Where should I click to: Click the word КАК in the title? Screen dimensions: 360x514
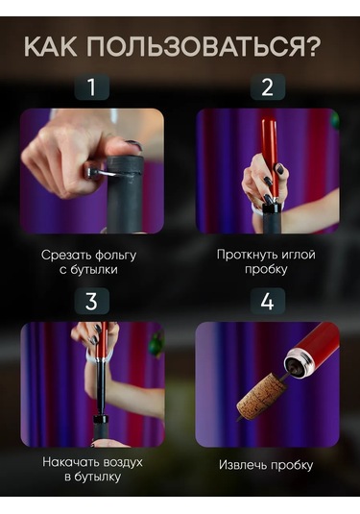pos(50,46)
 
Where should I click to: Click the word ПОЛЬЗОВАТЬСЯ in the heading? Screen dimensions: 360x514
pos(196,46)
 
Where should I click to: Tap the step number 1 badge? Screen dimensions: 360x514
pos(92,86)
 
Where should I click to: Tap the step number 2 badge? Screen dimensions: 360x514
pos(268,86)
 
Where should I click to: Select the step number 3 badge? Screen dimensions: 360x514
pos(92,301)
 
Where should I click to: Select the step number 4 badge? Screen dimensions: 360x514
pos(268,301)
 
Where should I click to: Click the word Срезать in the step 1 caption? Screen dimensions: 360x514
pos(64,256)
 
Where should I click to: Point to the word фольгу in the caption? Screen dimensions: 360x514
pos(113,256)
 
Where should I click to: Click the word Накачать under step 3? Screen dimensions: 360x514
pos(71,462)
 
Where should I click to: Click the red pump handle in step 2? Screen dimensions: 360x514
pos(270,157)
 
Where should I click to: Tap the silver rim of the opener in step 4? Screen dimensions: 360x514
pos(299,361)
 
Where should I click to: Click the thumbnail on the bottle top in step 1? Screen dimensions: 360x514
pos(133,144)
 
